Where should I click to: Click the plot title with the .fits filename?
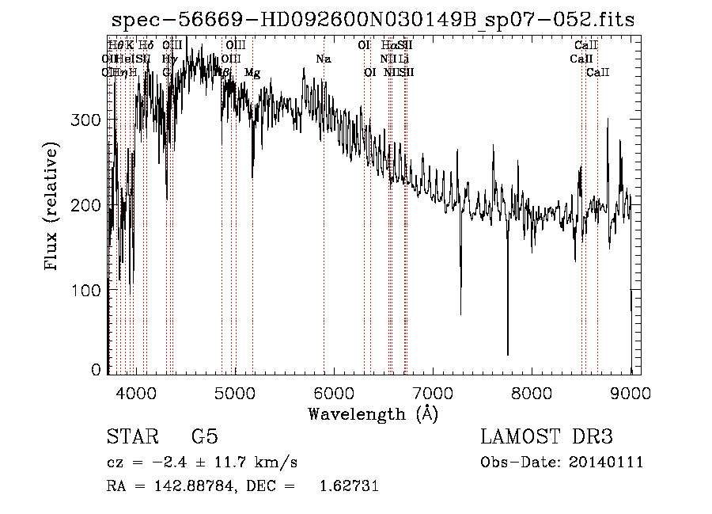(x=372, y=20)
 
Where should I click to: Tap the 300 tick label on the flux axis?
(x=93, y=120)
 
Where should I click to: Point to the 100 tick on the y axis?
(x=93, y=290)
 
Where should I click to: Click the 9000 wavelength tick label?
(x=631, y=393)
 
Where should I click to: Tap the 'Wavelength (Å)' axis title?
(x=373, y=413)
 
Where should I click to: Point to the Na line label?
(x=323, y=59)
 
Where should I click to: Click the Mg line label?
(x=252, y=73)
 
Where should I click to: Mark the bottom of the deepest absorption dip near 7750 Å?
(x=508, y=355)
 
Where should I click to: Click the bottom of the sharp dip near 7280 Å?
(x=460, y=314)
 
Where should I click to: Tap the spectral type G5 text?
(x=204, y=437)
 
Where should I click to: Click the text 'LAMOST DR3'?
(x=547, y=437)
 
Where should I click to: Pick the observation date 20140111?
(x=607, y=463)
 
